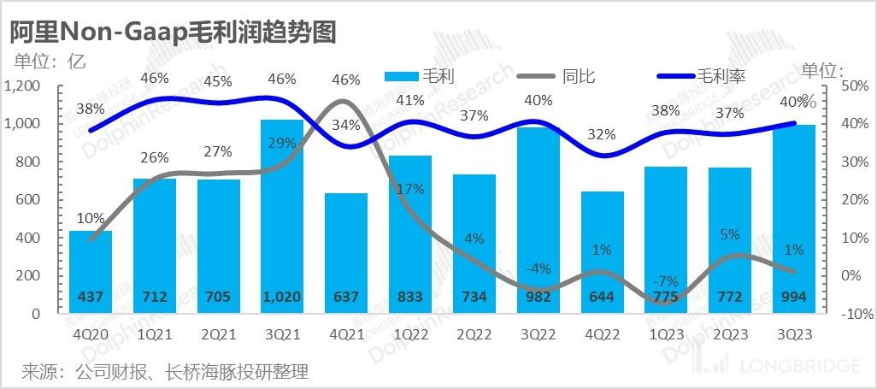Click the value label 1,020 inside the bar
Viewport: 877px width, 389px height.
pos(282,297)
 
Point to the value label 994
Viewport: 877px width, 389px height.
pos(794,297)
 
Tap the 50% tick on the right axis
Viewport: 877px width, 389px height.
pos(855,86)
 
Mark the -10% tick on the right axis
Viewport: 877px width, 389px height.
pos(853,314)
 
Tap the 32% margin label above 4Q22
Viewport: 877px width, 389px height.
pos(601,134)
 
